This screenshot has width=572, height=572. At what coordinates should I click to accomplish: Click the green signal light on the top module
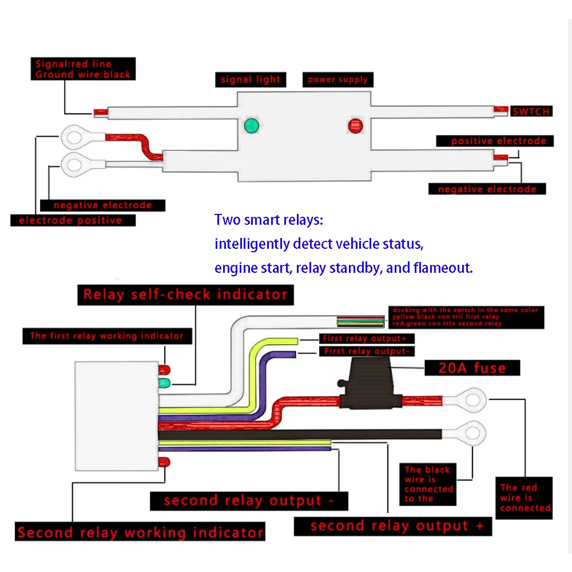coord(251,125)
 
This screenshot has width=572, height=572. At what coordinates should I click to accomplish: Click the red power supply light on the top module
coord(356,125)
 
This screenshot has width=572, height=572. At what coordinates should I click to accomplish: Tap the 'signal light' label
coord(251,80)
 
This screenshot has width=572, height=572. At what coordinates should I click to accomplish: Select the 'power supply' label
coord(337,80)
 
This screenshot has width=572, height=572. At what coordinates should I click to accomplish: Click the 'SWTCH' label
coord(531,111)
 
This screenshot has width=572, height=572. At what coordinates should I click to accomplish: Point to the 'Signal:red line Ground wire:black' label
coord(83,69)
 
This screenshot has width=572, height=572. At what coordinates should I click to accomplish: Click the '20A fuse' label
coord(472,367)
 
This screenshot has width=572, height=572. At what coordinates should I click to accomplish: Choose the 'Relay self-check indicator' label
coord(185,295)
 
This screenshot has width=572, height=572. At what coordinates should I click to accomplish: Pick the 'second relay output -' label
coord(249,500)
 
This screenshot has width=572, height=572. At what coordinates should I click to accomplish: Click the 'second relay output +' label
coord(393,526)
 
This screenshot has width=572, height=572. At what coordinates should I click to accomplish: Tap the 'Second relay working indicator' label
coord(140,533)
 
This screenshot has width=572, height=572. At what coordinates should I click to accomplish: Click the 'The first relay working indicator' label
coord(107,336)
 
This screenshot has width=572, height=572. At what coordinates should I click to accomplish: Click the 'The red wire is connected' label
coord(525,498)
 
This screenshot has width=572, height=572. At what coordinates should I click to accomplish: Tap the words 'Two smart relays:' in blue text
coord(269,220)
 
